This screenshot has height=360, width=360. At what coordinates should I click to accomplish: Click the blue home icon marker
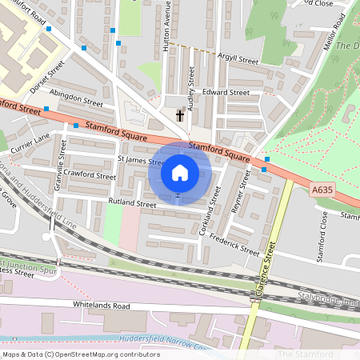180,173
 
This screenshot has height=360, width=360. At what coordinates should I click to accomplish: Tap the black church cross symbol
180,116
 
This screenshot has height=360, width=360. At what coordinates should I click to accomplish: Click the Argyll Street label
238,60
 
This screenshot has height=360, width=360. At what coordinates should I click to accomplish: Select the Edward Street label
226,93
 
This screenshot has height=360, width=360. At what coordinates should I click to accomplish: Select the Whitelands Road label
101,306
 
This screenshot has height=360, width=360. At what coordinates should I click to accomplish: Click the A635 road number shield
320,189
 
